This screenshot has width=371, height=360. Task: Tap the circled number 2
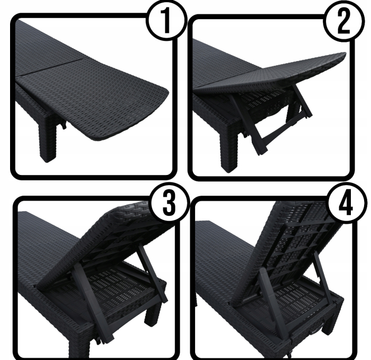coord(340,23)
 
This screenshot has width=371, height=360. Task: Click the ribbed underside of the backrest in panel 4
coord(297,239)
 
